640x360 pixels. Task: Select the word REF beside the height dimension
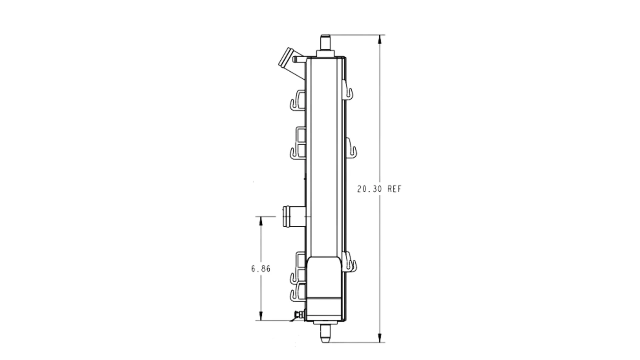click(395, 189)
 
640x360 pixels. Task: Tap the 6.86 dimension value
click(261, 269)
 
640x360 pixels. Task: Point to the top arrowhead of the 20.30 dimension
click(380, 39)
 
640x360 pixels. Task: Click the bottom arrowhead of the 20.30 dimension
click(380, 338)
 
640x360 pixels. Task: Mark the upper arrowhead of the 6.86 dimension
click(260, 221)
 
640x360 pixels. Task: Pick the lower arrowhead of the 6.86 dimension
click(260, 316)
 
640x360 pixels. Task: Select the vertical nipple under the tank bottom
click(325, 333)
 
